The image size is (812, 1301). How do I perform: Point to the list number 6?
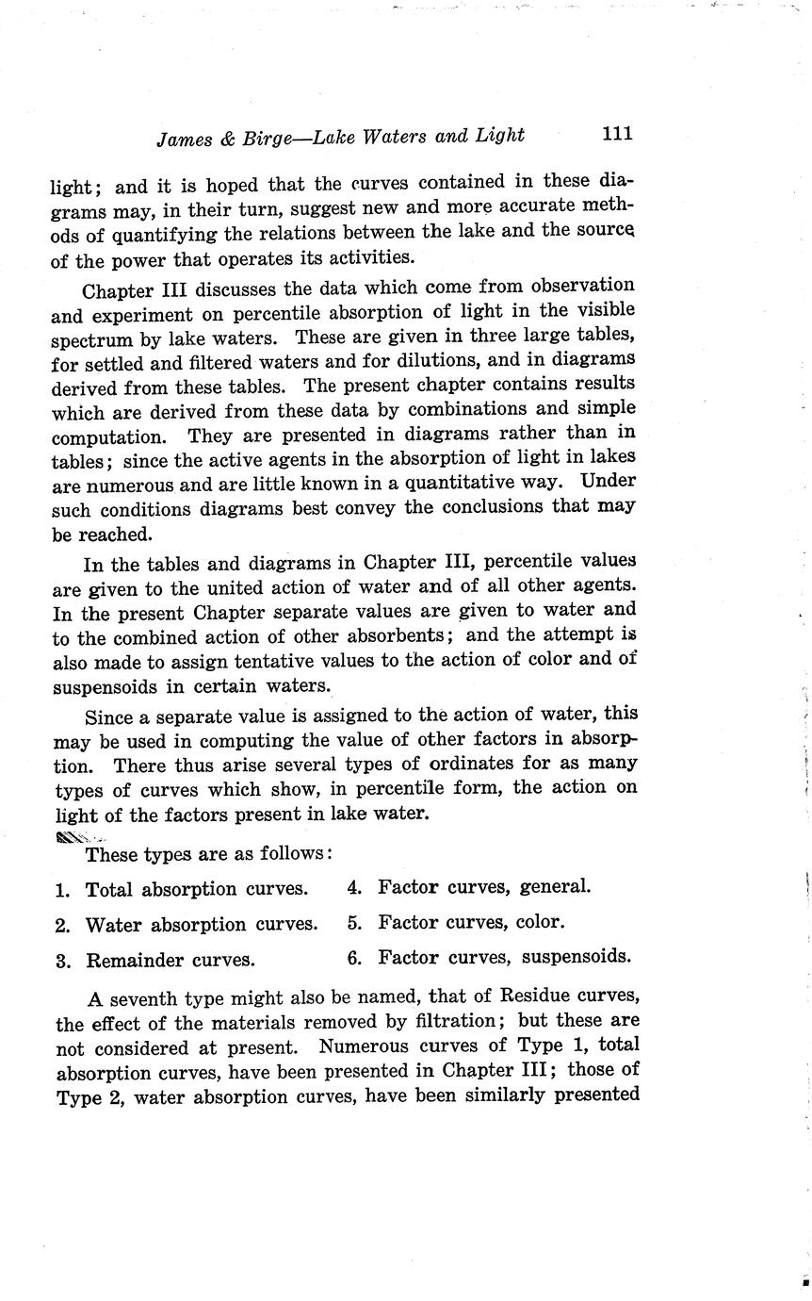(354, 959)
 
